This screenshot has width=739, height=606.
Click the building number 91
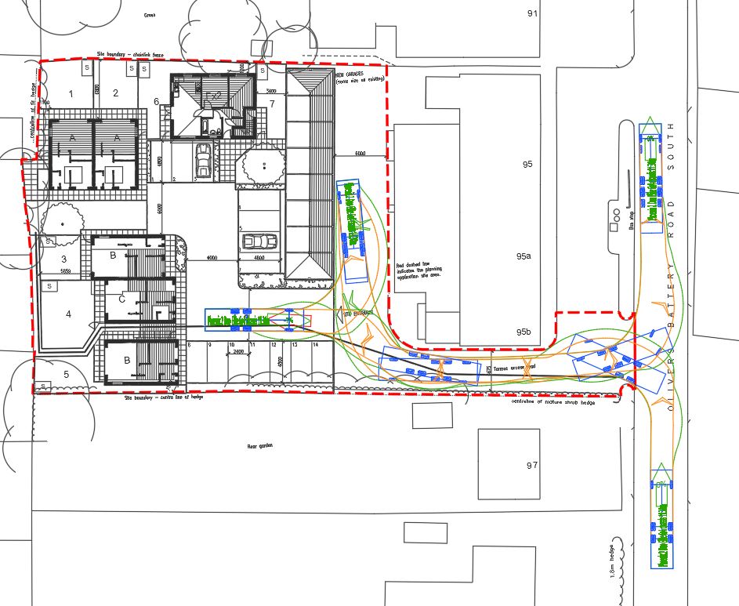(x=534, y=13)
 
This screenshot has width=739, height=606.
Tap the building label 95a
(x=523, y=256)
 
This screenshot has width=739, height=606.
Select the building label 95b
(x=523, y=332)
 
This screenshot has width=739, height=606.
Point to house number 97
(x=532, y=466)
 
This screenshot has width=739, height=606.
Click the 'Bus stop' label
(x=632, y=220)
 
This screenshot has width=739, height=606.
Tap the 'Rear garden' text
(x=258, y=447)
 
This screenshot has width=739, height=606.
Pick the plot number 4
(x=68, y=314)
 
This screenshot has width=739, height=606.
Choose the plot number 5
(x=66, y=375)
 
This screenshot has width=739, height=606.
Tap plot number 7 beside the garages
(x=272, y=103)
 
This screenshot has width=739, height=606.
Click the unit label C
(x=121, y=299)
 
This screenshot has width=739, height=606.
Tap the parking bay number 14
(x=315, y=345)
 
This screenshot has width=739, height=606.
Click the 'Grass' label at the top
(x=150, y=15)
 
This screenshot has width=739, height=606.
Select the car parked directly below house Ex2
(x=204, y=161)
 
